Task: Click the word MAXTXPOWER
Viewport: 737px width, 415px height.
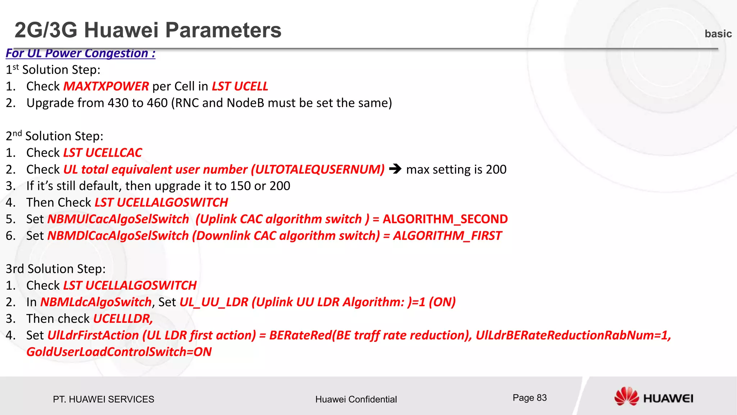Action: click(106, 86)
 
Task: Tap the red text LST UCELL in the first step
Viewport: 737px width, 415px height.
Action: click(240, 86)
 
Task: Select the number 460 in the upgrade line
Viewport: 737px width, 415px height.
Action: click(157, 103)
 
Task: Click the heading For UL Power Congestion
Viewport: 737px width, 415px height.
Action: click(81, 53)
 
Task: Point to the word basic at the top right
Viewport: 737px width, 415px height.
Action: click(718, 34)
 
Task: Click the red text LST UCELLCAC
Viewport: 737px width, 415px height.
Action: click(103, 153)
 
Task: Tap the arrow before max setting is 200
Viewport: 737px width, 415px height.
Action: click(395, 169)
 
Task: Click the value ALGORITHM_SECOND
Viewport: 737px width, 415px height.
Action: click(445, 219)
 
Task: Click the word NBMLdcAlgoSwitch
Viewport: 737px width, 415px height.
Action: click(96, 302)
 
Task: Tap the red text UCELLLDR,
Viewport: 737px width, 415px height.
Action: click(123, 318)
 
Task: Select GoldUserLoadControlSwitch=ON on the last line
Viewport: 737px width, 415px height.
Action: click(119, 352)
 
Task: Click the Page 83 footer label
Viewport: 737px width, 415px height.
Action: click(529, 398)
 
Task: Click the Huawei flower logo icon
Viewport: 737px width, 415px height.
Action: click(626, 397)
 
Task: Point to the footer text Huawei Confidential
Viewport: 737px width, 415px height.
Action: click(356, 399)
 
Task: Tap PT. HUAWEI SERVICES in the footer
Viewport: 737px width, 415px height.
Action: click(103, 399)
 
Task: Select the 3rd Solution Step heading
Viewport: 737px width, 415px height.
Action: click(56, 269)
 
